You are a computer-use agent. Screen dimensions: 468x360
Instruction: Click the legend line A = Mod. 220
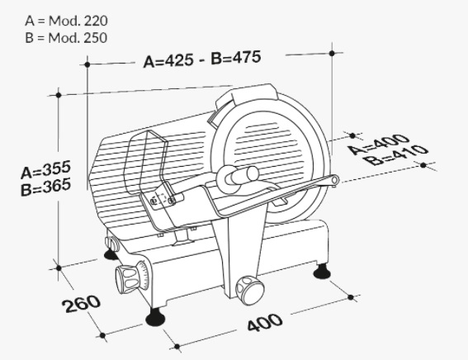[x=66, y=21]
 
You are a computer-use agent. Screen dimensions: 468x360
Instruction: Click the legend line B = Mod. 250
[x=66, y=38]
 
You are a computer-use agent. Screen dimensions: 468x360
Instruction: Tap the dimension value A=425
[x=168, y=61]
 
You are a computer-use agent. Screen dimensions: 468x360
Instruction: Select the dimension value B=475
[x=236, y=57]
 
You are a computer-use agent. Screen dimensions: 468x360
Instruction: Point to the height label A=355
[x=46, y=169]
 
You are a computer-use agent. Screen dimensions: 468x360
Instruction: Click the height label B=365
[x=46, y=187]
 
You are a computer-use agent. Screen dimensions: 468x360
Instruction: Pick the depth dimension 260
[x=81, y=304]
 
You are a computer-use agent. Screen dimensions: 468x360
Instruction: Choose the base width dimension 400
[x=265, y=322]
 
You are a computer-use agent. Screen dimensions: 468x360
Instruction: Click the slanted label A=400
[x=379, y=144]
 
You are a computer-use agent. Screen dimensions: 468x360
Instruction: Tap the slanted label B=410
[x=396, y=155]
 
